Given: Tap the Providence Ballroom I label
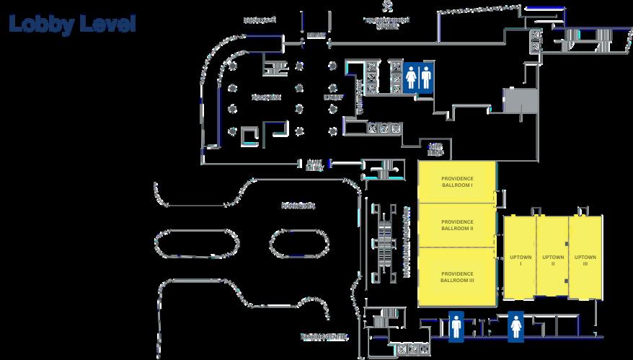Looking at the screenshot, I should [x=456, y=181].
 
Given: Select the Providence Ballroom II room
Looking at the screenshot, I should [x=456, y=224].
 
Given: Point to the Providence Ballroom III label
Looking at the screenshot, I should [x=456, y=277].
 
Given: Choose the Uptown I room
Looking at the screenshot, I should [x=520, y=260].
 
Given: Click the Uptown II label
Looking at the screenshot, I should [x=552, y=260].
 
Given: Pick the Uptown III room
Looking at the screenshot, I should [x=585, y=260].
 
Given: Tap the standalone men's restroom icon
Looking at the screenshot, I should [x=456, y=325].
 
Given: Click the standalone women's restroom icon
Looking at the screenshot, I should [x=516, y=325].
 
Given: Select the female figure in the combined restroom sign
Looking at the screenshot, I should [x=410, y=76].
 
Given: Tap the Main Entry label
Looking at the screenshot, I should [x=314, y=165].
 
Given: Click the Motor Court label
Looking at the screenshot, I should [x=298, y=206].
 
